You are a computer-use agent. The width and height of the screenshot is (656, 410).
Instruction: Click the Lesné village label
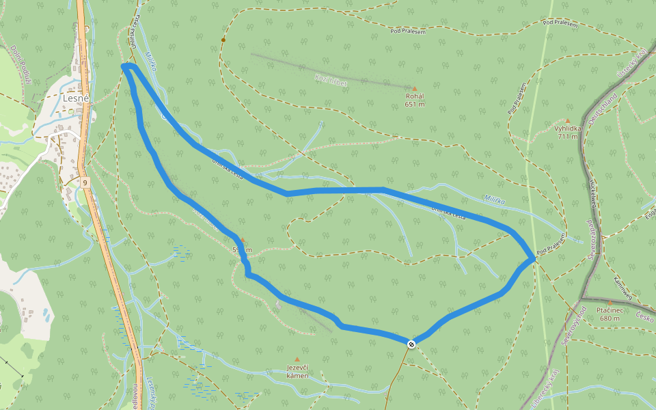pos(76,98)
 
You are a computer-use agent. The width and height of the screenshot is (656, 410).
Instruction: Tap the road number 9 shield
pos(84,182)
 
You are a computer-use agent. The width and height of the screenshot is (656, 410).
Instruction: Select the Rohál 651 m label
pos(415,100)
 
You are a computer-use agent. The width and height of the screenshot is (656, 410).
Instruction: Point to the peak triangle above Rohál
pos(414,88)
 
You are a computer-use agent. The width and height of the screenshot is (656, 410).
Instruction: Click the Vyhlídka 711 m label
pos(567,132)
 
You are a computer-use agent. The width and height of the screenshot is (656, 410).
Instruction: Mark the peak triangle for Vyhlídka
pos(567,120)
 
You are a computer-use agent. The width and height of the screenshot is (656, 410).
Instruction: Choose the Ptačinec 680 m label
pos(609,314)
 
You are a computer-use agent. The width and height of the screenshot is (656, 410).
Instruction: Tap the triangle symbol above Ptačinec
pos(610,302)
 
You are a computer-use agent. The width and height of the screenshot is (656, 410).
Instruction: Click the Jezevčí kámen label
pos(297,372)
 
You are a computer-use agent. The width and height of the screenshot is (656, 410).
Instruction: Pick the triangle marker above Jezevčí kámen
pos(297,359)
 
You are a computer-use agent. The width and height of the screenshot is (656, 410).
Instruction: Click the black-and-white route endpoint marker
pos(411,344)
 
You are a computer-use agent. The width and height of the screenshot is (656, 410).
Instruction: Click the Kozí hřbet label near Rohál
pos(331,81)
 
